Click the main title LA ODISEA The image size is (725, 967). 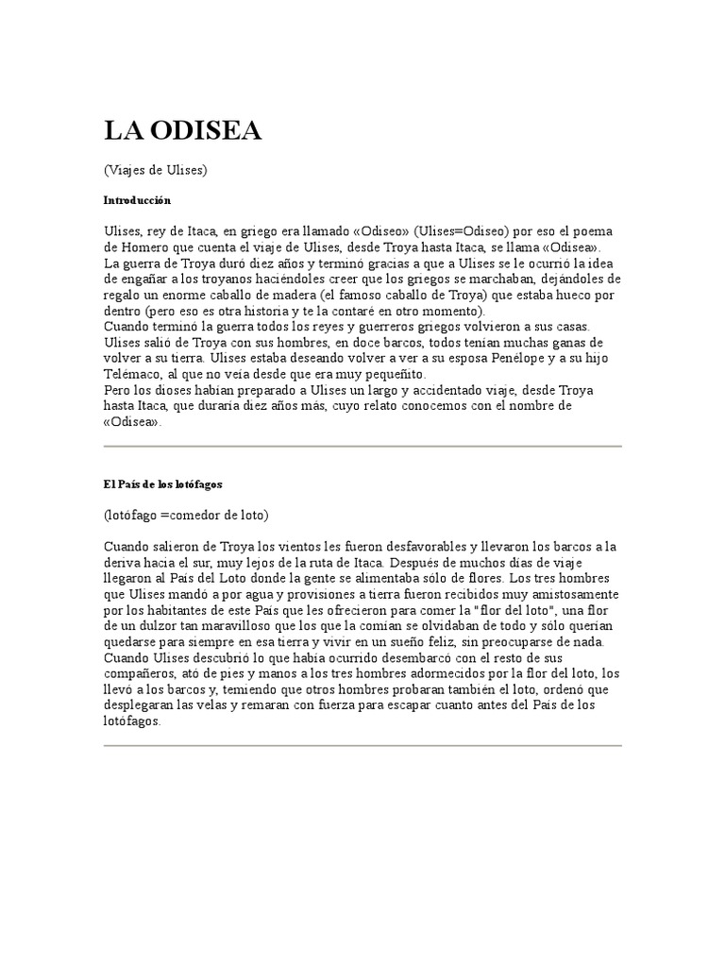[x=182, y=133]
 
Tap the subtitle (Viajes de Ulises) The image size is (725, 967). [x=155, y=171]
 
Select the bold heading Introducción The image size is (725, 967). [x=136, y=200]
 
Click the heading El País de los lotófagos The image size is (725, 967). [x=162, y=483]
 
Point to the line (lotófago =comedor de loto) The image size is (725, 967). [x=186, y=515]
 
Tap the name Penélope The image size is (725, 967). [x=497, y=358]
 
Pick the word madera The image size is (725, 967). [x=273, y=294]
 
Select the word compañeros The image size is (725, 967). [x=142, y=674]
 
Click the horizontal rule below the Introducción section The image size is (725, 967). [x=362, y=446]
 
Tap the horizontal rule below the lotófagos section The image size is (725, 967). [x=362, y=745]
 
